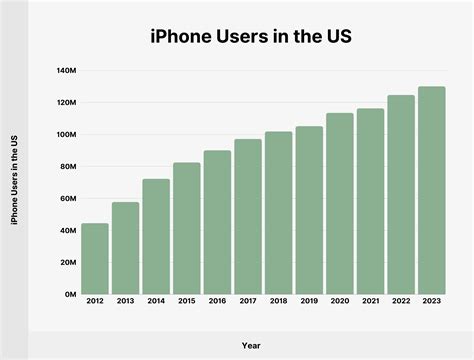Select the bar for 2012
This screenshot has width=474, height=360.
pos(95,259)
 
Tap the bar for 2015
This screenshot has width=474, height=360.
pos(187,229)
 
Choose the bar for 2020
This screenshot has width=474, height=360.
pos(340,204)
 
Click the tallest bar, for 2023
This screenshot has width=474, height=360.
pos(432,191)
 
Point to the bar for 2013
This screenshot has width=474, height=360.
pos(126,248)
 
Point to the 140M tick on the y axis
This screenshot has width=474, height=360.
pos(66,71)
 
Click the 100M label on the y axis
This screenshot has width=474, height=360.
pos(66,135)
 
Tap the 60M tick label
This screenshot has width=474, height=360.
pos(68,199)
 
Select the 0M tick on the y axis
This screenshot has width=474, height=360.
pos(70,295)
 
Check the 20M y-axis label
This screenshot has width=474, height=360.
pos(68,263)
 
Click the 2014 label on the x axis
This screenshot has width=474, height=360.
pos(156,301)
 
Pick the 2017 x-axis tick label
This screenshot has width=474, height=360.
pos(248,301)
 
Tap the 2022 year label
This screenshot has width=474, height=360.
pos(401,301)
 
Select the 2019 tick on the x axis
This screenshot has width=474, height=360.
pos(309,301)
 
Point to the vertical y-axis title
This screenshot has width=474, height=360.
pos(14,183)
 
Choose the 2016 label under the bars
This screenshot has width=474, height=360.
pos(218,301)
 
